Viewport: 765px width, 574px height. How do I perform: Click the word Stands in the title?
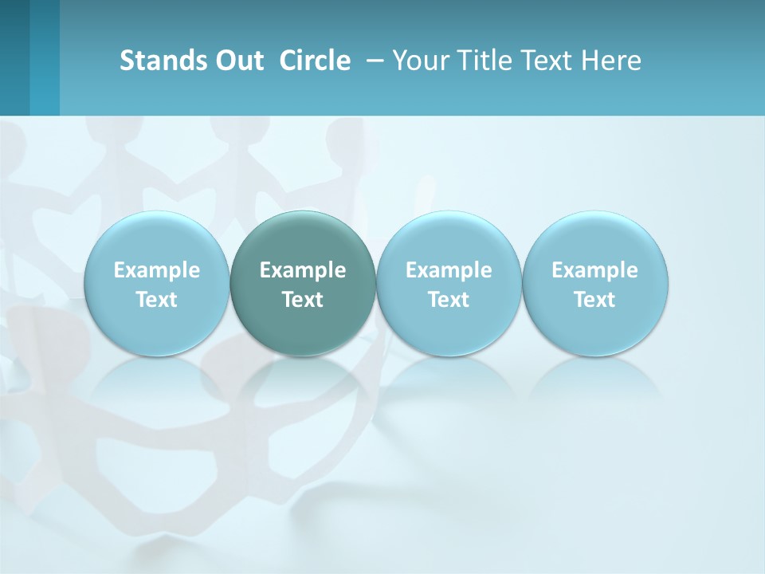tap(158, 61)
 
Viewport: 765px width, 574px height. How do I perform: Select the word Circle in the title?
tap(315, 61)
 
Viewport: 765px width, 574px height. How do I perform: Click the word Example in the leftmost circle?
tap(157, 270)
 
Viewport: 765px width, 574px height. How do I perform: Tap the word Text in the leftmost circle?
tap(157, 300)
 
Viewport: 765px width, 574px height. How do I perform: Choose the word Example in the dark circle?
tap(303, 270)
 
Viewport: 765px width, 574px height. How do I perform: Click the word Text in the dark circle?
tap(303, 300)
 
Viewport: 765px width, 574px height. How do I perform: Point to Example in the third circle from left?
tap(449, 270)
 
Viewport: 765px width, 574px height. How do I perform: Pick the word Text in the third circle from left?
tap(449, 300)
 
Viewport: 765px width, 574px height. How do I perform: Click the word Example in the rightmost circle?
tap(595, 270)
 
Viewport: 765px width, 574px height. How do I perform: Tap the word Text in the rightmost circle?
tap(595, 300)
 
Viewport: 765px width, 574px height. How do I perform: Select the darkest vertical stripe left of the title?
tap(14, 57)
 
